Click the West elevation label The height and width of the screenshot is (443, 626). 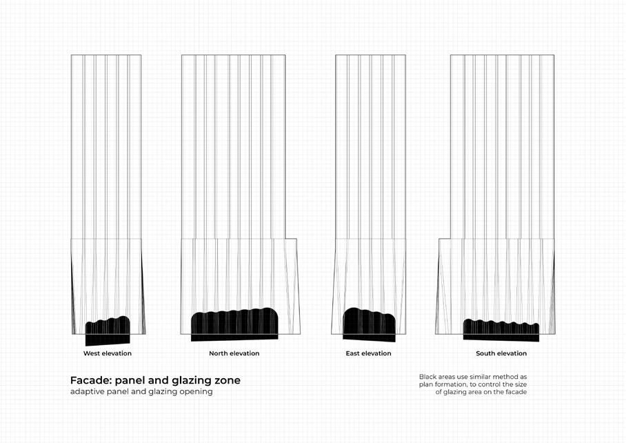[x=108, y=353]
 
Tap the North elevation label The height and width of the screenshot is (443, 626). [x=234, y=353]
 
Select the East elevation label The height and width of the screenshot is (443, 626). [x=368, y=353]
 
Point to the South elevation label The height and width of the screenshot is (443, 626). [x=501, y=353]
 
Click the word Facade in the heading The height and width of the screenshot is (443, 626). [x=90, y=380]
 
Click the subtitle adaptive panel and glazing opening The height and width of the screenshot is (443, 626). [x=141, y=392]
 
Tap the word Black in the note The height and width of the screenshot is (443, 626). [x=427, y=377]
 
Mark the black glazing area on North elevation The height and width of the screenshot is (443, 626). [x=234, y=324]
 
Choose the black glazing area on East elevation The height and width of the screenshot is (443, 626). [x=369, y=325]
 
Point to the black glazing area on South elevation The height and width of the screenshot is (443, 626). [x=501, y=331]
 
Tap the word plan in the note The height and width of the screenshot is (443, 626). [x=425, y=384]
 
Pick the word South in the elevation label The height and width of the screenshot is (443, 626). [x=486, y=353]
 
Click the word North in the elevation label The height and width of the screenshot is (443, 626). [x=219, y=353]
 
